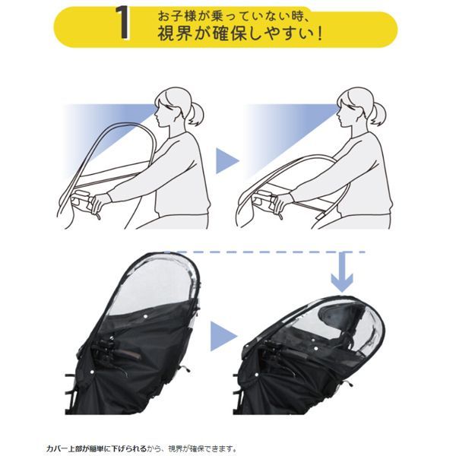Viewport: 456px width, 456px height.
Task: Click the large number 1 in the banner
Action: click(122, 22)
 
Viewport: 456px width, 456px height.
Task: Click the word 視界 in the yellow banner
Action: click(175, 33)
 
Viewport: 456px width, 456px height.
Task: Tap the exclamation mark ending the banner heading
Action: click(319, 34)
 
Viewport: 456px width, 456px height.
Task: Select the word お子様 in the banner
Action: click(177, 16)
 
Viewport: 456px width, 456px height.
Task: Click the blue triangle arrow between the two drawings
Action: click(227, 161)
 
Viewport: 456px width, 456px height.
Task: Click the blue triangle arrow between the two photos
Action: click(223, 336)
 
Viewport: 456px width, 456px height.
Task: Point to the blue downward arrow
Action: click(342, 273)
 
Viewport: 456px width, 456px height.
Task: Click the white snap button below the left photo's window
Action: click(145, 316)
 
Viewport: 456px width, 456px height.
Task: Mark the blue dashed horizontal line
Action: click(265, 252)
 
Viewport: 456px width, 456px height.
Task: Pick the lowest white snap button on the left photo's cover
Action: click(92, 372)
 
